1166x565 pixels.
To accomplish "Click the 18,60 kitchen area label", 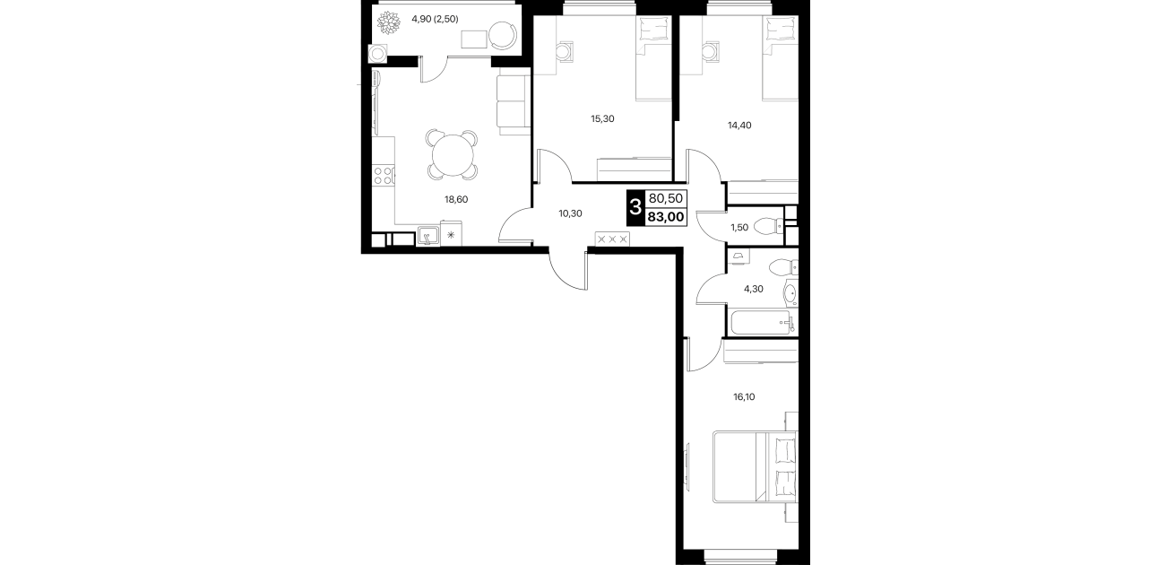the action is click(456, 199).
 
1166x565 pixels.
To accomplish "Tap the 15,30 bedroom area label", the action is click(602, 118).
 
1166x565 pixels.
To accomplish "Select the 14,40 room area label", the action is click(739, 125).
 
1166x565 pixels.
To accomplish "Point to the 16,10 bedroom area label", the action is click(744, 396).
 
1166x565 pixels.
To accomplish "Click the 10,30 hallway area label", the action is click(570, 213).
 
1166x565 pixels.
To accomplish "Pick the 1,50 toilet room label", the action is click(739, 227).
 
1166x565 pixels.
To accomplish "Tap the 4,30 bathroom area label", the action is click(753, 289).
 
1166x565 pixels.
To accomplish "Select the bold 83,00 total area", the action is click(666, 217).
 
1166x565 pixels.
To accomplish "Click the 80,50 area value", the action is click(666, 198).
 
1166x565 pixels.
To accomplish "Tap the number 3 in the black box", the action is click(635, 208).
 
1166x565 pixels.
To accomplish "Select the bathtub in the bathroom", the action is click(762, 324).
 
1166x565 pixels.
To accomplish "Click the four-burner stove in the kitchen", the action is click(383, 176).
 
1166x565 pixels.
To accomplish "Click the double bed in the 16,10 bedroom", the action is click(756, 466).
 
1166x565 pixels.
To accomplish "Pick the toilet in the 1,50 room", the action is click(768, 226).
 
